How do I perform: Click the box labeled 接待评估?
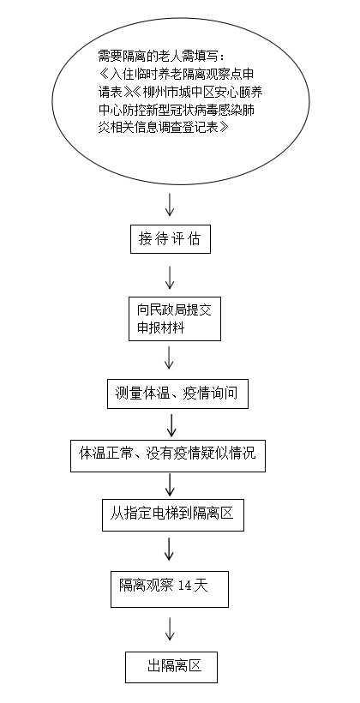[171, 240]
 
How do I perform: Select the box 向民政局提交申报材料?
[175, 319]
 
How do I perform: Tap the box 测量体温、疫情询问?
[177, 394]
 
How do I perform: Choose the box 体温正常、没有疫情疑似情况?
[168, 456]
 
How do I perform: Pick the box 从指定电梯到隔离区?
[173, 515]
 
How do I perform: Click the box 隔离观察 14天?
[170, 589]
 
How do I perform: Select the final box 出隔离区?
[171, 668]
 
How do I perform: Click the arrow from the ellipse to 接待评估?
[170, 204]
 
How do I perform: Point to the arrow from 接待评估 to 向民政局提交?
[170, 277]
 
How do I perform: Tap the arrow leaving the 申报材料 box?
[169, 358]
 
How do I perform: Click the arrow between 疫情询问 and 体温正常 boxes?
[171, 425]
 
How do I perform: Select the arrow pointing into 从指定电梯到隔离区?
[170, 484]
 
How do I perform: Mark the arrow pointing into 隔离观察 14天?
[169, 549]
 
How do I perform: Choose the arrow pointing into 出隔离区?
[170, 628]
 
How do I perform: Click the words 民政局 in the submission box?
[164, 310]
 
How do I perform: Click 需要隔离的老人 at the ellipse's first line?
[129, 57]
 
